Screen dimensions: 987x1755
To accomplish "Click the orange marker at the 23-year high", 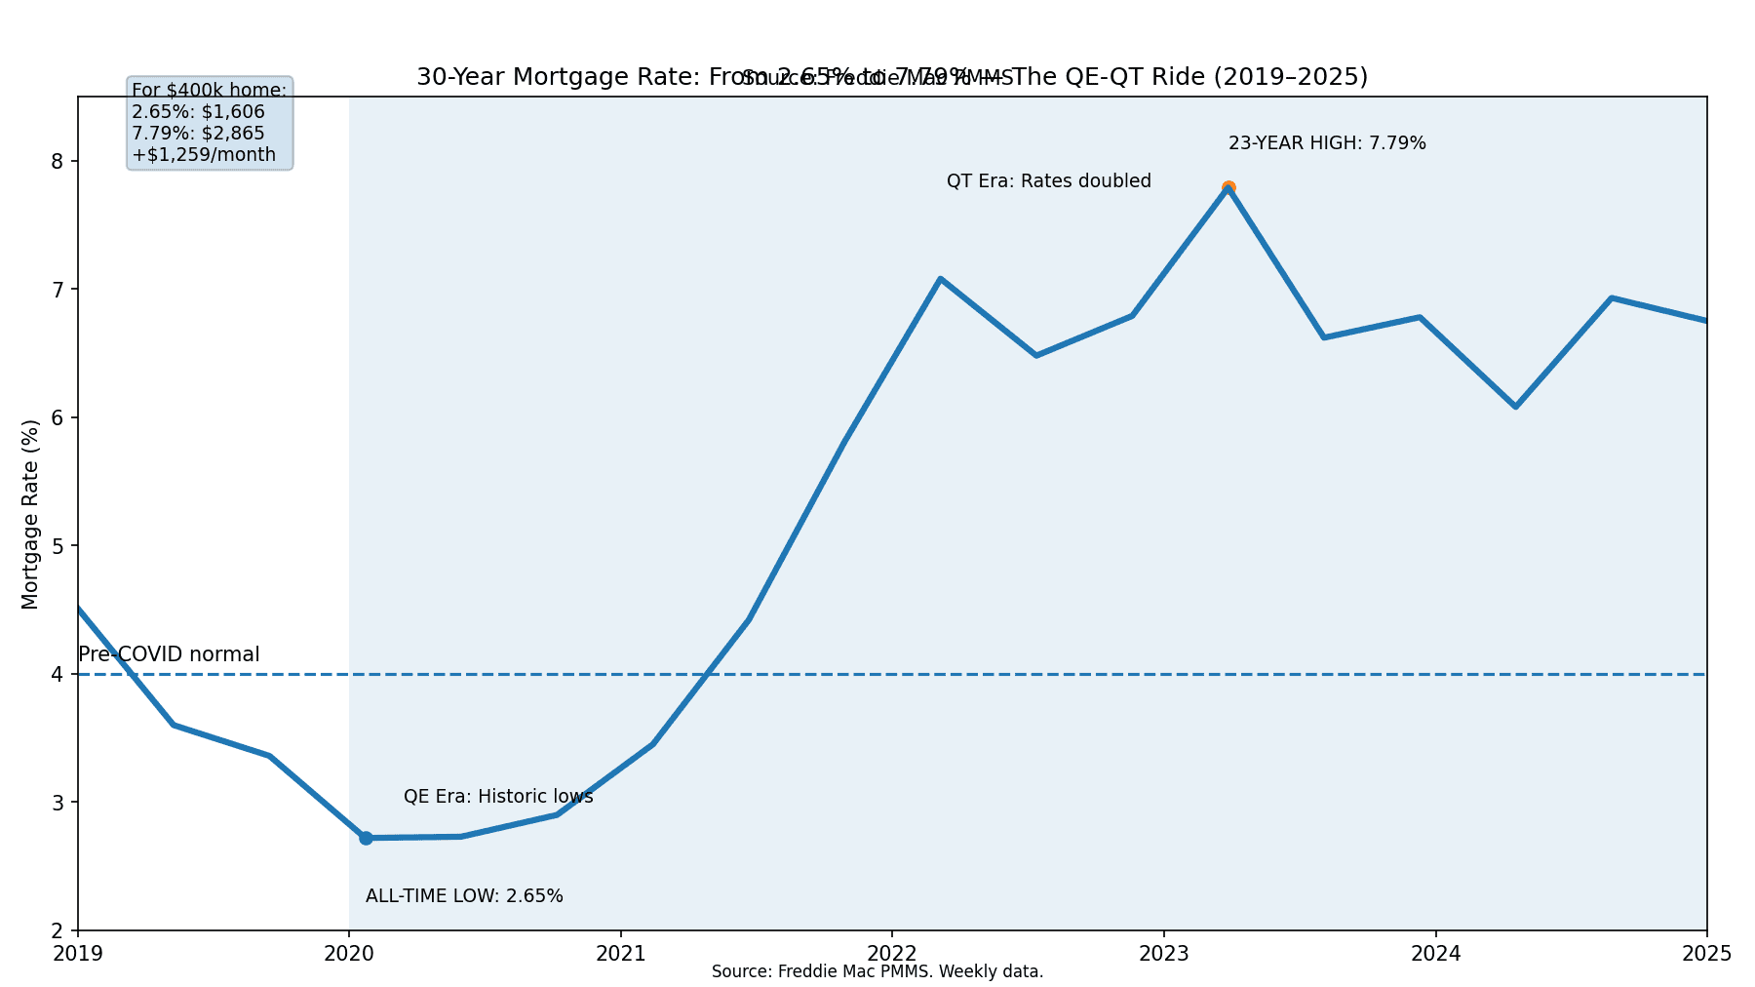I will pos(1228,187).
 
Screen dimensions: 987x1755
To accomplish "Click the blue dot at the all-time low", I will pos(366,838).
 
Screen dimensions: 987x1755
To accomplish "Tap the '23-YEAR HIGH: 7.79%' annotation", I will pos(1327,143).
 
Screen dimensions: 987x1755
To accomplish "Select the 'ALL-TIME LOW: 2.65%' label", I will pos(464,896).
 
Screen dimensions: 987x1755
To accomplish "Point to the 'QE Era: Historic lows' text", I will pos(498,797).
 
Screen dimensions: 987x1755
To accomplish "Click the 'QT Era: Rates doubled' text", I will pos(1049,181).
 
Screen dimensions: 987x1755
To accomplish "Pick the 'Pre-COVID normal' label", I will pos(169,654).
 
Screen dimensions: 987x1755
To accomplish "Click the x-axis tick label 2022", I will pos(892,953).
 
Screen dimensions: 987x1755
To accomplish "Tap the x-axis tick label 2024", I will pos(1435,953).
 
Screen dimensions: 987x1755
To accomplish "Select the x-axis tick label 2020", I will pos(349,953).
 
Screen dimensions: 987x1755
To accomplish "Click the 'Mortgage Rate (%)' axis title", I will pos(30,514).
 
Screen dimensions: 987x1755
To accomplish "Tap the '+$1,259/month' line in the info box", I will pos(204,155).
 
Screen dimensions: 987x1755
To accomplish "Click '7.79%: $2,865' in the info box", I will pos(198,134).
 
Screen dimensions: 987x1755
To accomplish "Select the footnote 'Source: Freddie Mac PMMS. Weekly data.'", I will pos(877,971).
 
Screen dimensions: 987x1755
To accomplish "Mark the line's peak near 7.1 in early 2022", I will pos(940,279).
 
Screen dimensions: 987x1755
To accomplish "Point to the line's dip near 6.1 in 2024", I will pos(1515,406).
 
